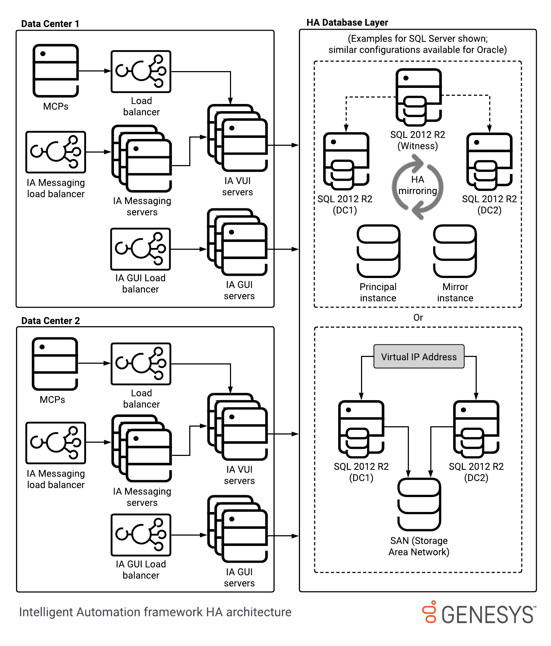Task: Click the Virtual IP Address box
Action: (x=419, y=356)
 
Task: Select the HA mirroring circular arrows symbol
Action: (x=417, y=186)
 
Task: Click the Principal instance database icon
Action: (x=378, y=251)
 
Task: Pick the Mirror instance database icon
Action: (x=455, y=251)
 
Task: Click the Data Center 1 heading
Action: (x=50, y=24)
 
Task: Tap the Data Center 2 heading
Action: (x=50, y=320)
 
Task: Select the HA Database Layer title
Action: (x=347, y=23)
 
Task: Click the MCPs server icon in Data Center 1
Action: (x=56, y=70)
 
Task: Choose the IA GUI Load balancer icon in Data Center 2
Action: (x=141, y=535)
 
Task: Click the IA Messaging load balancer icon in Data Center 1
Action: (x=56, y=152)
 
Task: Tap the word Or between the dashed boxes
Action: (x=418, y=317)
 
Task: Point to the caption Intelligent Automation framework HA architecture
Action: (x=155, y=612)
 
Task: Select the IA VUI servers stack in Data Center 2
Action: (x=237, y=427)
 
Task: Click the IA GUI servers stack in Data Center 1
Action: (x=237, y=242)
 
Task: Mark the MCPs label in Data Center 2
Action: (x=52, y=399)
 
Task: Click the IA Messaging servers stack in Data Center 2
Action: (x=142, y=448)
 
